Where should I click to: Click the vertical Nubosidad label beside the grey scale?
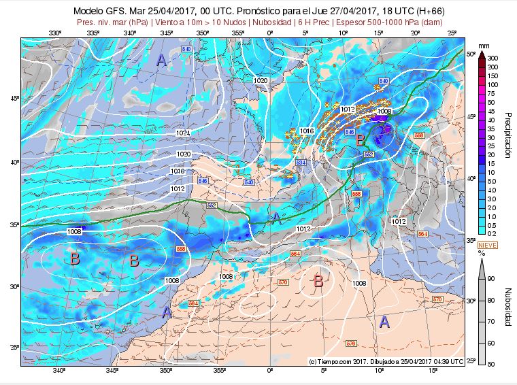pos(507,306)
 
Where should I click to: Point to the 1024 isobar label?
pos(182,133)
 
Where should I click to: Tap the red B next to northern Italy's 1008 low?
pos(361,139)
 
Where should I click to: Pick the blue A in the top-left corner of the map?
pos(161,61)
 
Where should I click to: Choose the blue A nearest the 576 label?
pos(384,322)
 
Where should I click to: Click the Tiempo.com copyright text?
pos(386,361)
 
